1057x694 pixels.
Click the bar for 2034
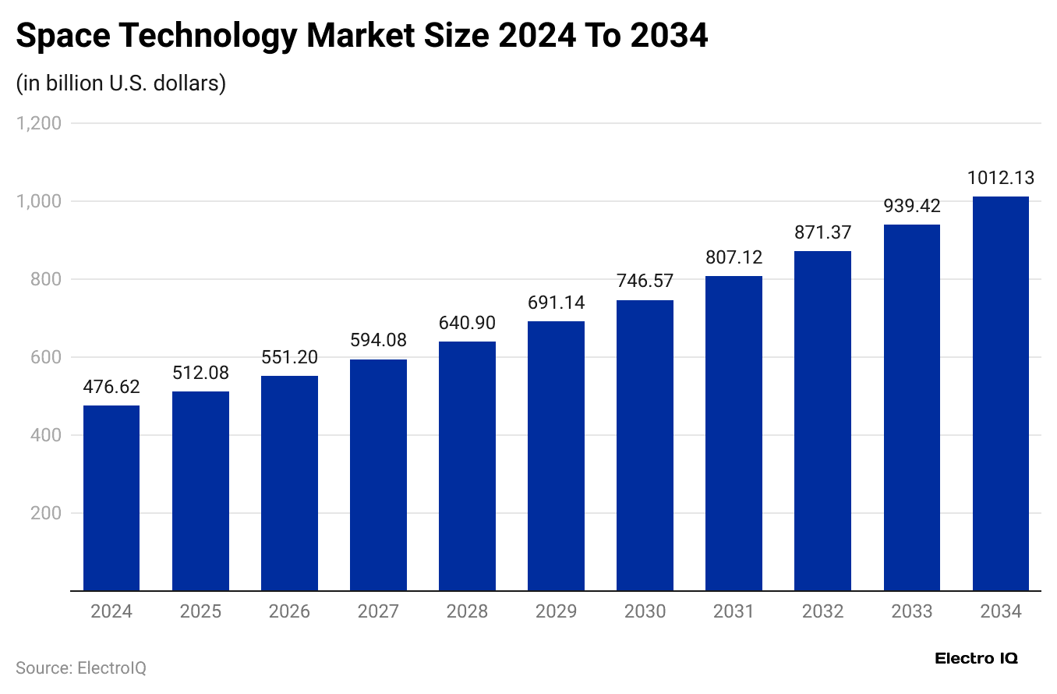coord(1001,394)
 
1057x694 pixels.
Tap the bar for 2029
coord(556,456)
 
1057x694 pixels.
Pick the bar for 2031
coord(734,434)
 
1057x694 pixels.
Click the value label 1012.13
coord(1001,179)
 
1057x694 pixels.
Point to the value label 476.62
coord(111,388)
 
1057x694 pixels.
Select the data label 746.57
coord(645,281)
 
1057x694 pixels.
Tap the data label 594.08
coord(378,341)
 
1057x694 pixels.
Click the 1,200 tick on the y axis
coord(38,123)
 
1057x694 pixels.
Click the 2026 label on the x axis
coord(289,611)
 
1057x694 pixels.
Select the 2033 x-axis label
coord(911,611)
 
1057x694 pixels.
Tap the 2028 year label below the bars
coord(467,611)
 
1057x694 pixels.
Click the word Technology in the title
coord(208,36)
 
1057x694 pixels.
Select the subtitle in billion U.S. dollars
coord(121,83)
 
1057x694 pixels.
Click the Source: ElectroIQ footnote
coord(81,668)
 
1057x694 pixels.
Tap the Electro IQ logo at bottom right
coord(976,658)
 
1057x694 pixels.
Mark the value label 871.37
coord(822,232)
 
